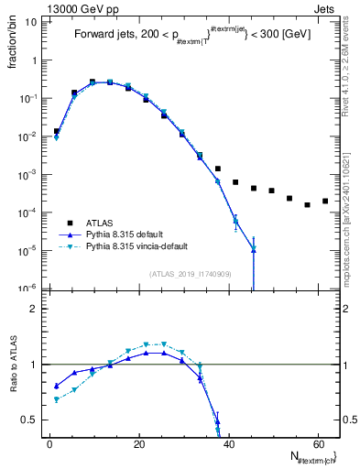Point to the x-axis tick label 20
(x=138, y=444)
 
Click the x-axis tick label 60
(x=317, y=444)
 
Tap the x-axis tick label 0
(x=49, y=444)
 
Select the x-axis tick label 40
(x=228, y=444)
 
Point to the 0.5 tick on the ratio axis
(x=29, y=420)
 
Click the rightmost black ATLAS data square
(x=325, y=201)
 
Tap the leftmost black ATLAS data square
(x=57, y=131)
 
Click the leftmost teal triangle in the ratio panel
(x=57, y=399)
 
